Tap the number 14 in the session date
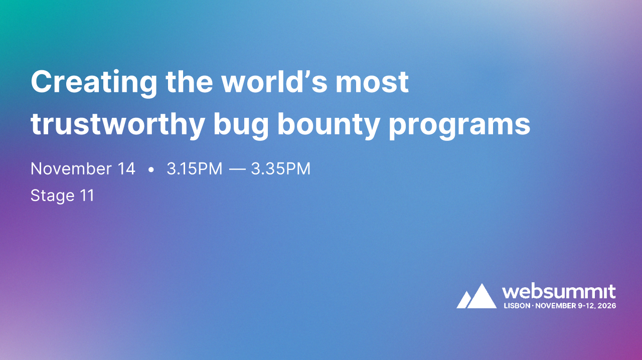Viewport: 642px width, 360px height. click(126, 169)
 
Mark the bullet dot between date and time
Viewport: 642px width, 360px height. click(151, 170)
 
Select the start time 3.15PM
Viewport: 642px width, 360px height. click(194, 169)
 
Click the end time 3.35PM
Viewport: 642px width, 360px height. click(281, 169)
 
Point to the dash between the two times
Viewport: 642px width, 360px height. click(237, 169)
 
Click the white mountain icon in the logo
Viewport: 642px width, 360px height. click(476, 296)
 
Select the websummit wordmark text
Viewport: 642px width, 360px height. click(559, 292)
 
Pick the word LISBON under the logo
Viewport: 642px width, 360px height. click(517, 305)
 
